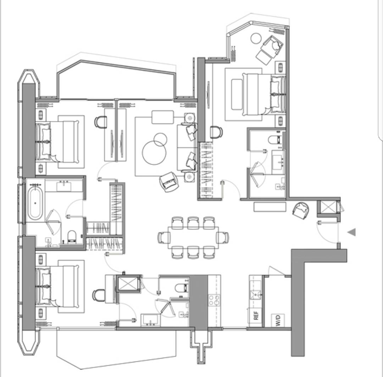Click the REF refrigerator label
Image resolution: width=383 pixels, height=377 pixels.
point(256,315)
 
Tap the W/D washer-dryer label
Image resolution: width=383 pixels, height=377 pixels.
point(278,320)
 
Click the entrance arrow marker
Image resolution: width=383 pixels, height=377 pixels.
point(352,232)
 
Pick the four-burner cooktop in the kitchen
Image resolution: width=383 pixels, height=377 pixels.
point(214,300)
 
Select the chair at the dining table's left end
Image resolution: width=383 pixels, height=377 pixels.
point(163,238)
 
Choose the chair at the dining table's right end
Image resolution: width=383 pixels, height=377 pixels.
point(223,238)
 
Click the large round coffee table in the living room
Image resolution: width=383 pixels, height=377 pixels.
point(154,153)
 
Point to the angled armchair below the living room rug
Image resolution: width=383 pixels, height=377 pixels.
point(169,182)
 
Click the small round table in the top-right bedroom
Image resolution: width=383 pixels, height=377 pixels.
point(256,38)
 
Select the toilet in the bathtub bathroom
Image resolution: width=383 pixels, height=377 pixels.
point(72,237)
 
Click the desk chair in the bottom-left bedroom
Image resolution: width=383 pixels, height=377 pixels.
point(99,295)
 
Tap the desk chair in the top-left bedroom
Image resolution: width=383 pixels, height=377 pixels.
point(101,121)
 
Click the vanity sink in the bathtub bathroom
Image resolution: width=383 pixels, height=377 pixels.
point(64,187)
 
